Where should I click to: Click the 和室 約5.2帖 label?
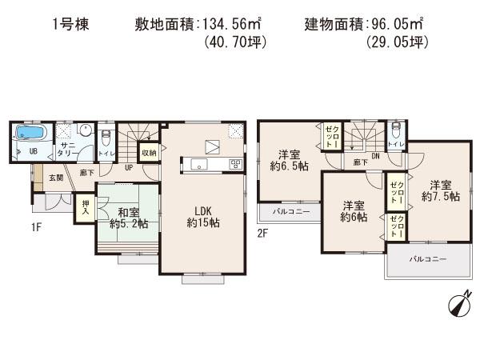click(x=128, y=218)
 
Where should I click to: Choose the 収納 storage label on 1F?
click(x=149, y=153)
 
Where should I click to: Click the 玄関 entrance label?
click(x=55, y=178)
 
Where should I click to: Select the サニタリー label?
click(x=67, y=150)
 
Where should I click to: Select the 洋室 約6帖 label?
click(x=353, y=210)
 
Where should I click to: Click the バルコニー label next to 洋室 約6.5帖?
click(x=286, y=212)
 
